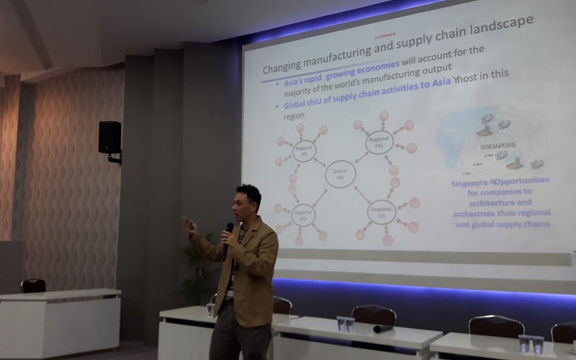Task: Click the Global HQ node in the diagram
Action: pos(340,174)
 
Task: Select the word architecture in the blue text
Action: pos(485,202)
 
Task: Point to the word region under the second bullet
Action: pos(290,115)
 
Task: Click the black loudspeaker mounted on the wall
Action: pos(110,138)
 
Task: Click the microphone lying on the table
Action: pos(382,329)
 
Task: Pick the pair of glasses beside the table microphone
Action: pos(345,324)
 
